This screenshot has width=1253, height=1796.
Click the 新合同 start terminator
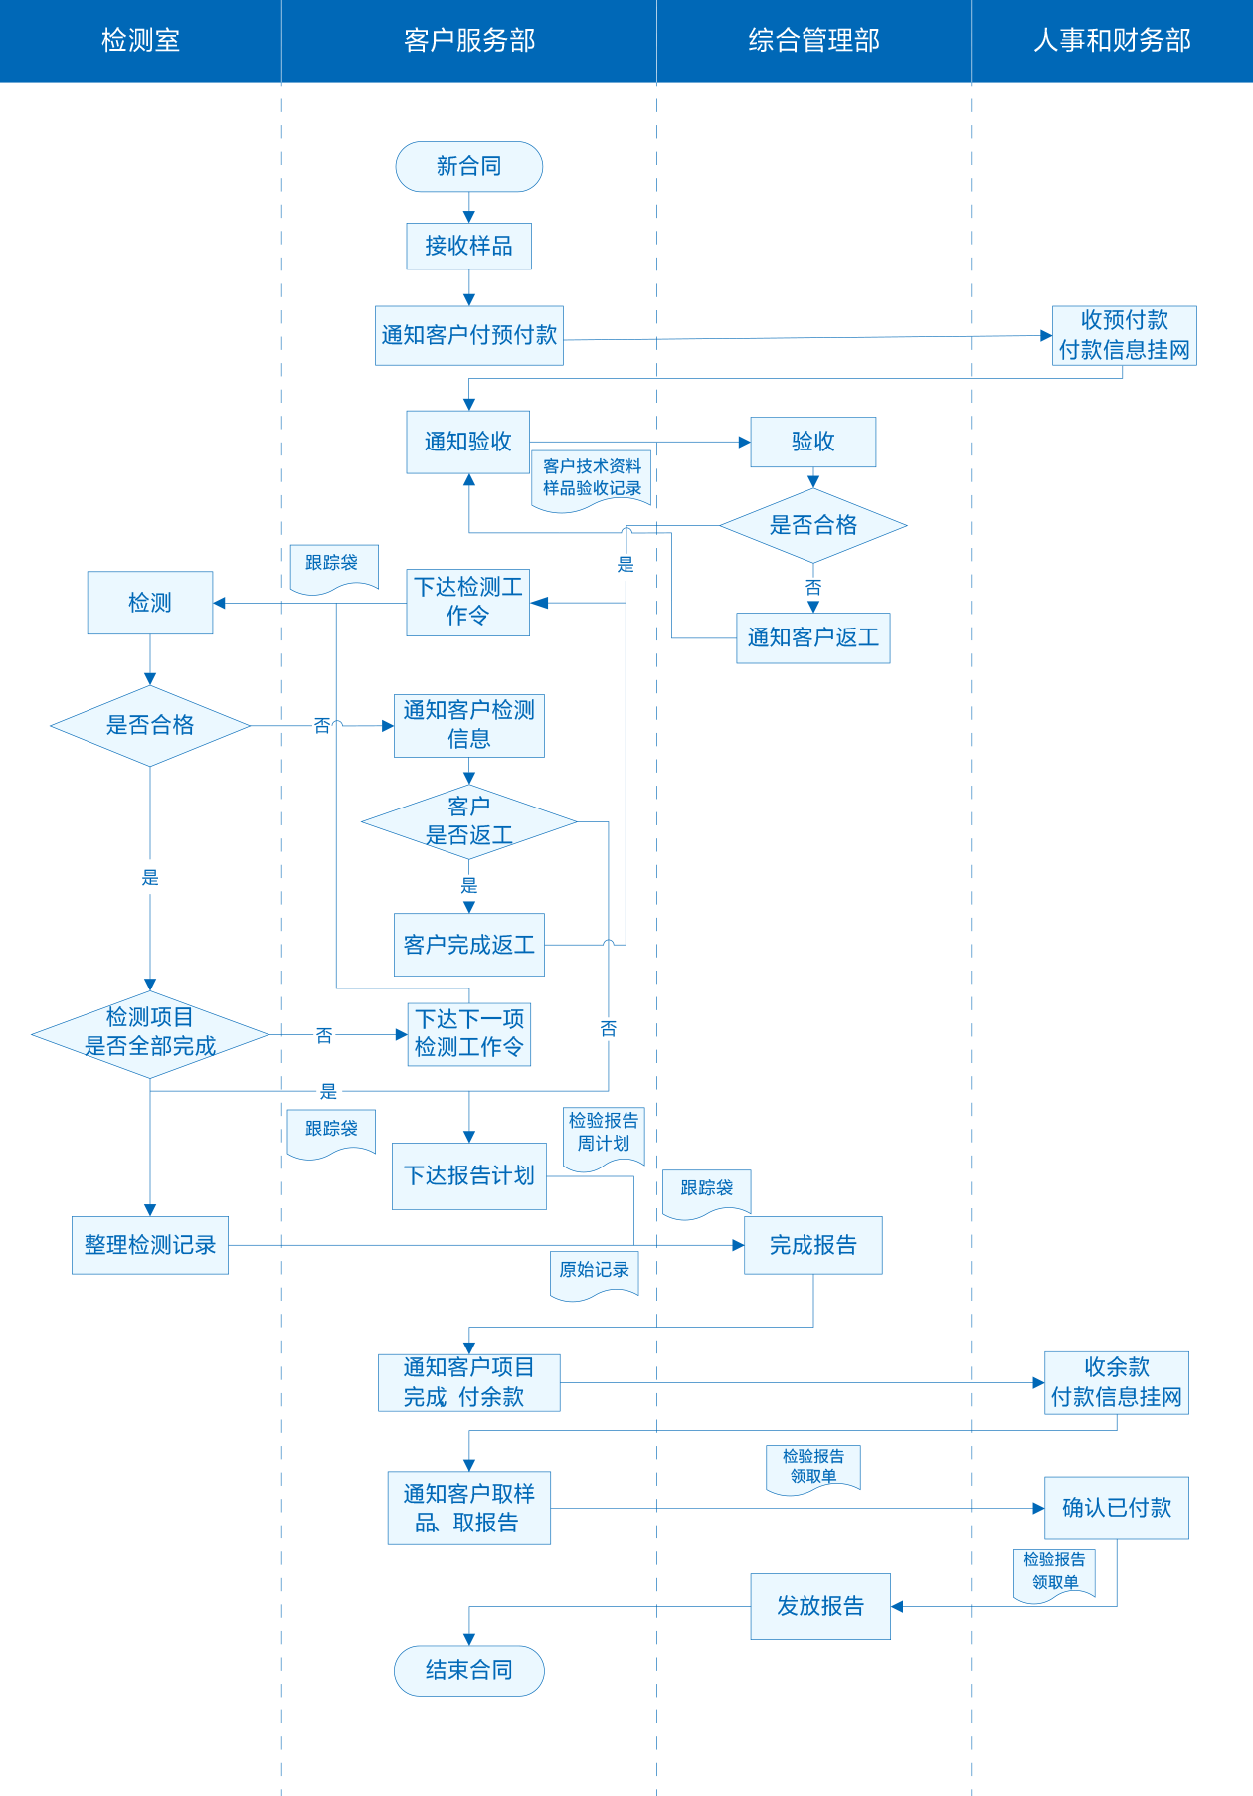(468, 167)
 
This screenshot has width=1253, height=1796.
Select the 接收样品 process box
(468, 246)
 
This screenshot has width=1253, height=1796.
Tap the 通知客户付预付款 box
(468, 335)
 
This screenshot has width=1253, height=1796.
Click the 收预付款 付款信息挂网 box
(1124, 335)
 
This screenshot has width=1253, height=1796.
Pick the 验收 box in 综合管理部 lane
(812, 442)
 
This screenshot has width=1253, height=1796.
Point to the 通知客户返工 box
(812, 637)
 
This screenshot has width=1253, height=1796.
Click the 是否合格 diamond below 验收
(812, 525)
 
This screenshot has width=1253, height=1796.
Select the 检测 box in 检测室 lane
(150, 603)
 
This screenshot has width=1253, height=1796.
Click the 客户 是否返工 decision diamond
(468, 821)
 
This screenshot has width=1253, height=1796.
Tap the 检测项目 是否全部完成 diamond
(150, 1033)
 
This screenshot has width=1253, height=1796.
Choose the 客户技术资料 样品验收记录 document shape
(592, 479)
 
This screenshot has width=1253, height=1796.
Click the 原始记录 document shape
(594, 1272)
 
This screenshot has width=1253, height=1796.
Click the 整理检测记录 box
(150, 1245)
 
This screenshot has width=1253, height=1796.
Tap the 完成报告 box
(812, 1245)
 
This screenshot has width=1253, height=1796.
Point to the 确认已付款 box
(1116, 1508)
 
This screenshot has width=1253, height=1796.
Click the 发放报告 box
(819, 1606)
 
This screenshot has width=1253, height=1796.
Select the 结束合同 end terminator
(468, 1670)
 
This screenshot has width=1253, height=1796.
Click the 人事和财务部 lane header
(1112, 41)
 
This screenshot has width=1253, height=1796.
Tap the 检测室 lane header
(140, 41)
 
